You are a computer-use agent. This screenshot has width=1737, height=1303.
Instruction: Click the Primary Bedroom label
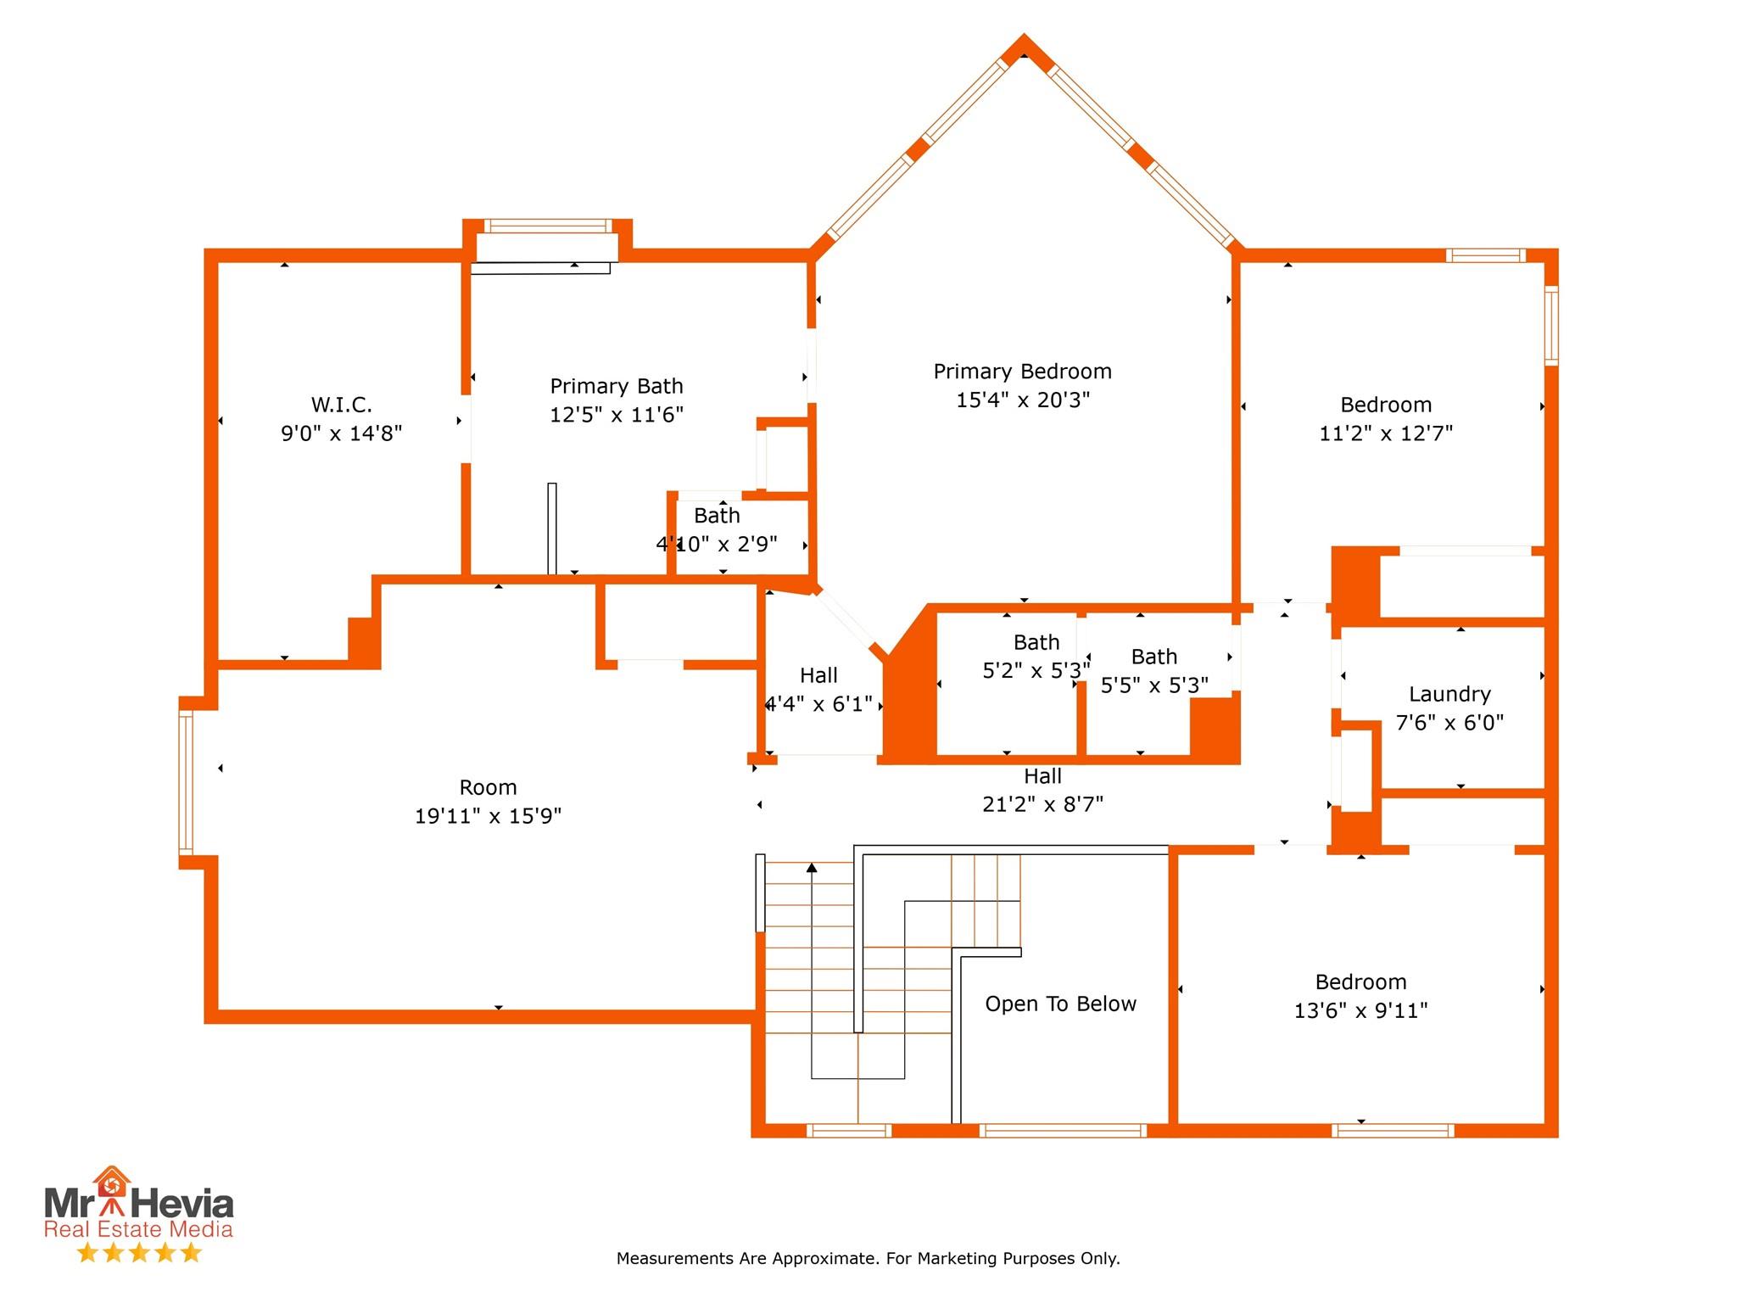pyautogui.click(x=1022, y=372)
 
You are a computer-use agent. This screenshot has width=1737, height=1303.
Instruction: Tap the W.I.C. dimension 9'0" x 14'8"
pyautogui.click(x=341, y=433)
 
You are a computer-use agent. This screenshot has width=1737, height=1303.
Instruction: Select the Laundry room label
pyautogui.click(x=1449, y=694)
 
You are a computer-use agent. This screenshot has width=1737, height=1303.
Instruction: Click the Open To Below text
pyautogui.click(x=1060, y=1004)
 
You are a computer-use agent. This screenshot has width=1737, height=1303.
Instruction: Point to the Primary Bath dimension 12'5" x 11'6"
pyautogui.click(x=617, y=415)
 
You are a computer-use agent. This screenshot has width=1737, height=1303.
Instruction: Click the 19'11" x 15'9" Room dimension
pyautogui.click(x=488, y=816)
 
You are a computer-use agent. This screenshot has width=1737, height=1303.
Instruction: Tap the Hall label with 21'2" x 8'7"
pyautogui.click(x=1042, y=776)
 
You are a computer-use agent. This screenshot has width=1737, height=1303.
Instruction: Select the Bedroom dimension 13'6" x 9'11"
pyautogui.click(x=1360, y=1011)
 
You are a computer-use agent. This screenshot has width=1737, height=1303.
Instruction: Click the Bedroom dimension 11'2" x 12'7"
pyautogui.click(x=1386, y=433)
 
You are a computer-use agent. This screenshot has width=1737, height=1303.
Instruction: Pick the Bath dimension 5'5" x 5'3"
pyautogui.click(x=1154, y=685)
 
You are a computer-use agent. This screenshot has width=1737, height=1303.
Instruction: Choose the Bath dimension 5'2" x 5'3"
pyautogui.click(x=1036, y=671)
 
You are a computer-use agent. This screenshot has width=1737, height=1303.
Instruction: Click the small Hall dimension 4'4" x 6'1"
pyautogui.click(x=818, y=704)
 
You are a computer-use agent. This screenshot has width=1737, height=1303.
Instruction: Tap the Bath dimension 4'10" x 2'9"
pyautogui.click(x=717, y=545)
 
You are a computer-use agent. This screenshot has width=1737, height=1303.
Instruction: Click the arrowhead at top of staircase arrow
pyautogui.click(x=812, y=868)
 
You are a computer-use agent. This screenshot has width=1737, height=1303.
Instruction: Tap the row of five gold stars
pyautogui.click(x=139, y=1253)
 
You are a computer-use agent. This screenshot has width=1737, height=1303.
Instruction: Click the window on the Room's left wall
pyautogui.click(x=186, y=782)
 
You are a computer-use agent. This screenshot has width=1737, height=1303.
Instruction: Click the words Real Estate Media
pyautogui.click(x=138, y=1229)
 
